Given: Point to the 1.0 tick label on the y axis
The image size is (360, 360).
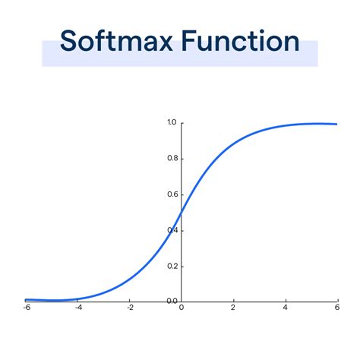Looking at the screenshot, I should (x=171, y=122).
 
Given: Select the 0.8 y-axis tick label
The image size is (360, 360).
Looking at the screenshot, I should (x=171, y=158).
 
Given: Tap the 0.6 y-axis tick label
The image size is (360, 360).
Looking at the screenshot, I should (x=171, y=194).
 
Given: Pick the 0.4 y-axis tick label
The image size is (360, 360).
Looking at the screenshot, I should (x=171, y=230).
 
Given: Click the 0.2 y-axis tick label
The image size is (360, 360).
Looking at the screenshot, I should (x=171, y=266).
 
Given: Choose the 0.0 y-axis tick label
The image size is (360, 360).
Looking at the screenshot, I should (x=171, y=301).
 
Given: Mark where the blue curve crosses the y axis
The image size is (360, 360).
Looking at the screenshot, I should (x=181, y=212).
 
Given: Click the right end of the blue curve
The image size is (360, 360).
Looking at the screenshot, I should (x=336, y=124).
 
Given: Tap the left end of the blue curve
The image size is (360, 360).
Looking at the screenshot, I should (x=26, y=300).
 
